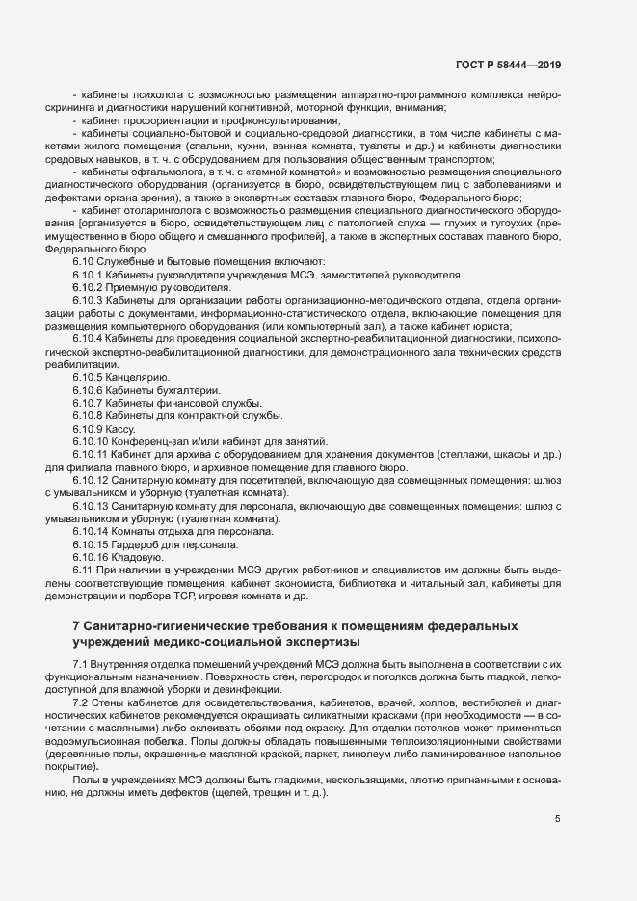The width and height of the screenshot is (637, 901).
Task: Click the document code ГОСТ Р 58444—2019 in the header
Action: click(x=507, y=65)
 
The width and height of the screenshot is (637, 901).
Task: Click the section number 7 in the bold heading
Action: click(x=76, y=626)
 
